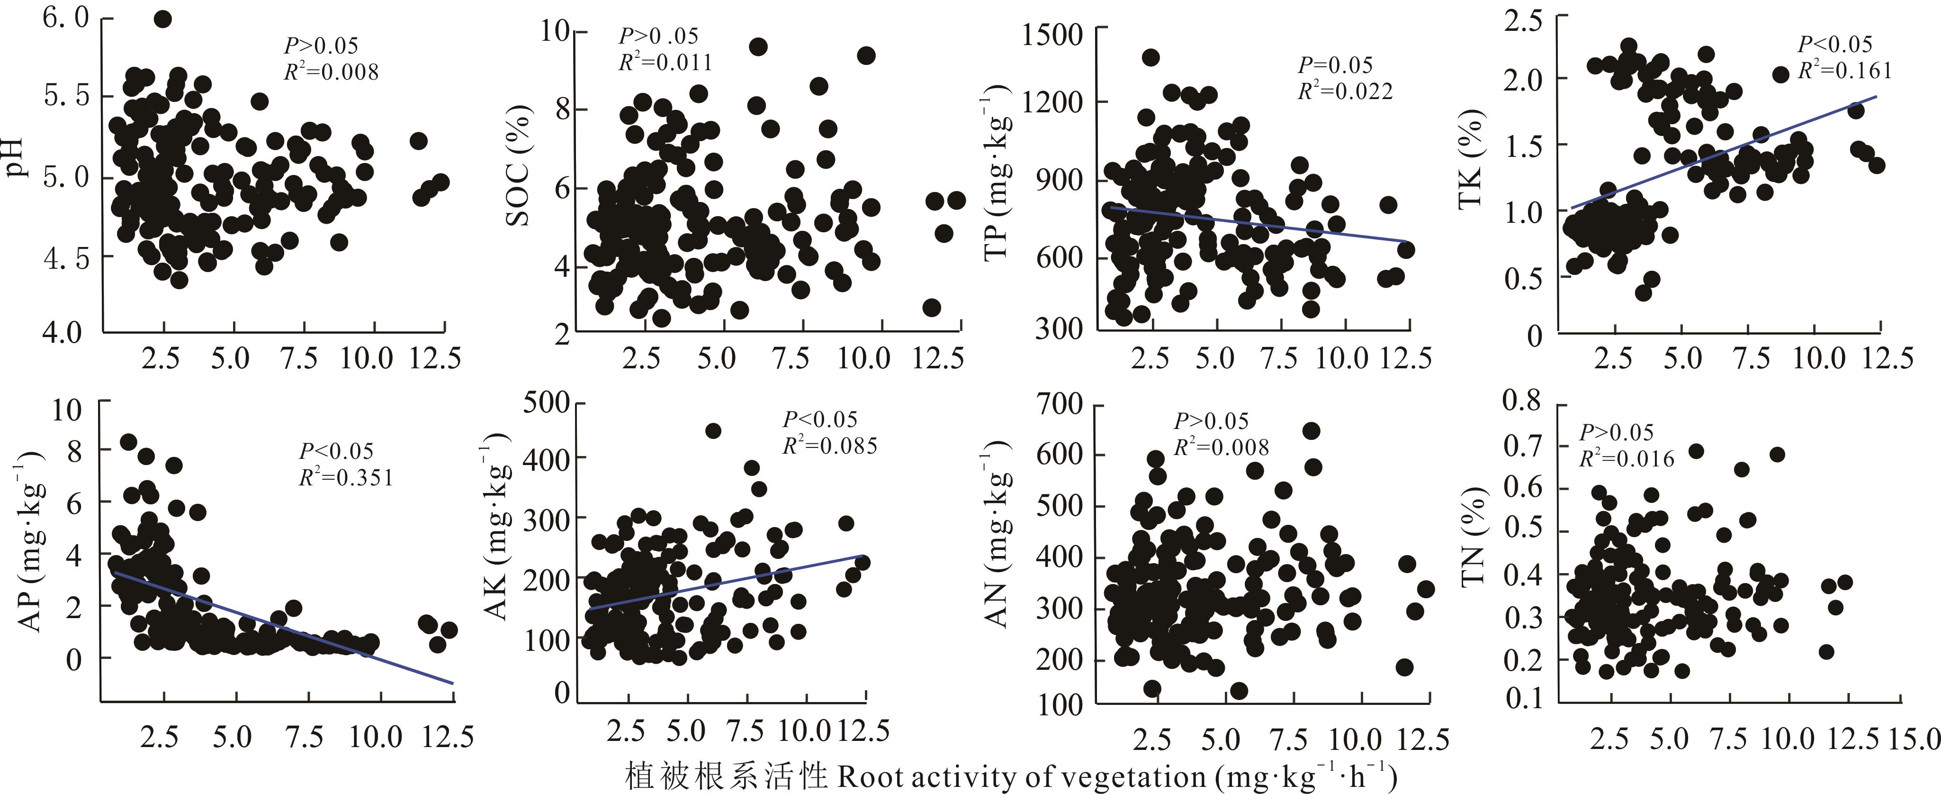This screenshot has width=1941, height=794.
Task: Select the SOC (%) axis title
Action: [518, 166]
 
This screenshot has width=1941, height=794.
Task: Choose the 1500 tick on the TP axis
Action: [1052, 35]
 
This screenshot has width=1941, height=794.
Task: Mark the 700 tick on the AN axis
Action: [1060, 404]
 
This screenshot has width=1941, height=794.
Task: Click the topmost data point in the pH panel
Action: [163, 19]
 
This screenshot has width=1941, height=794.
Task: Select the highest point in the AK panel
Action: [713, 430]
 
